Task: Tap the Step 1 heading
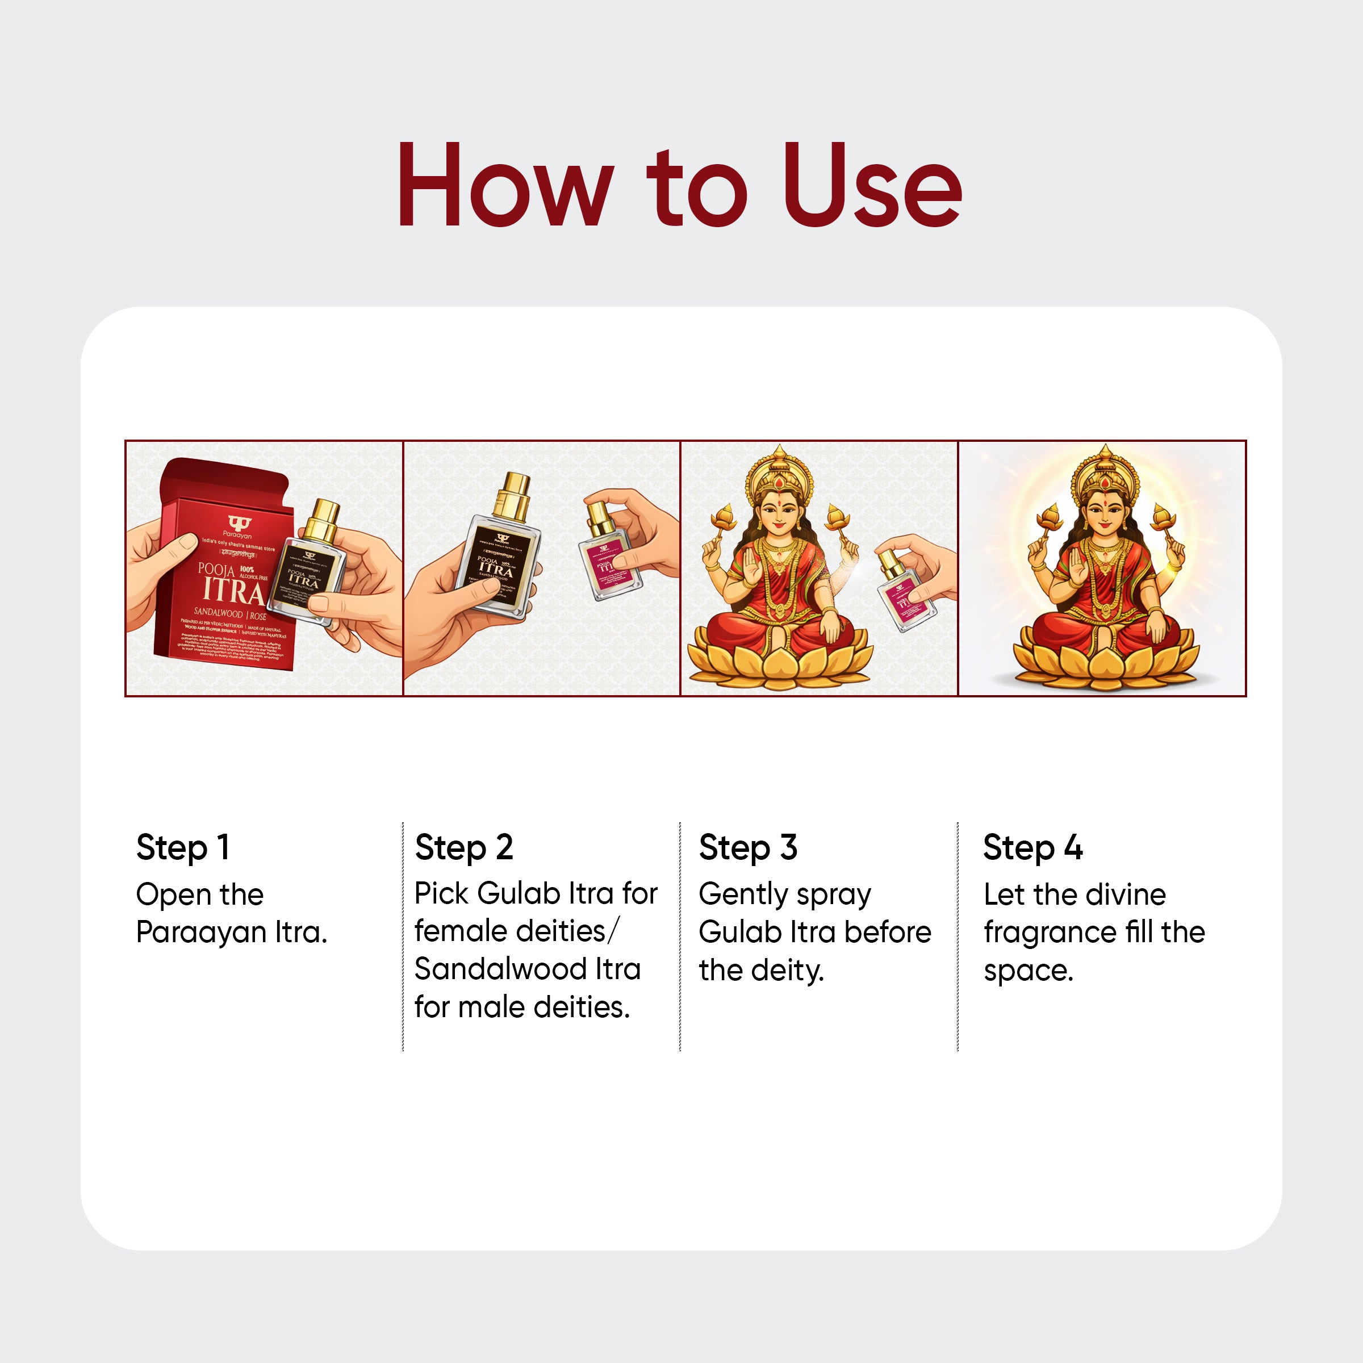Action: point(183,847)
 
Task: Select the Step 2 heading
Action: point(463,847)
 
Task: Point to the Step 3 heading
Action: point(748,847)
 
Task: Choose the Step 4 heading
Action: point(1032,847)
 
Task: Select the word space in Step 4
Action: point(1027,971)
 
